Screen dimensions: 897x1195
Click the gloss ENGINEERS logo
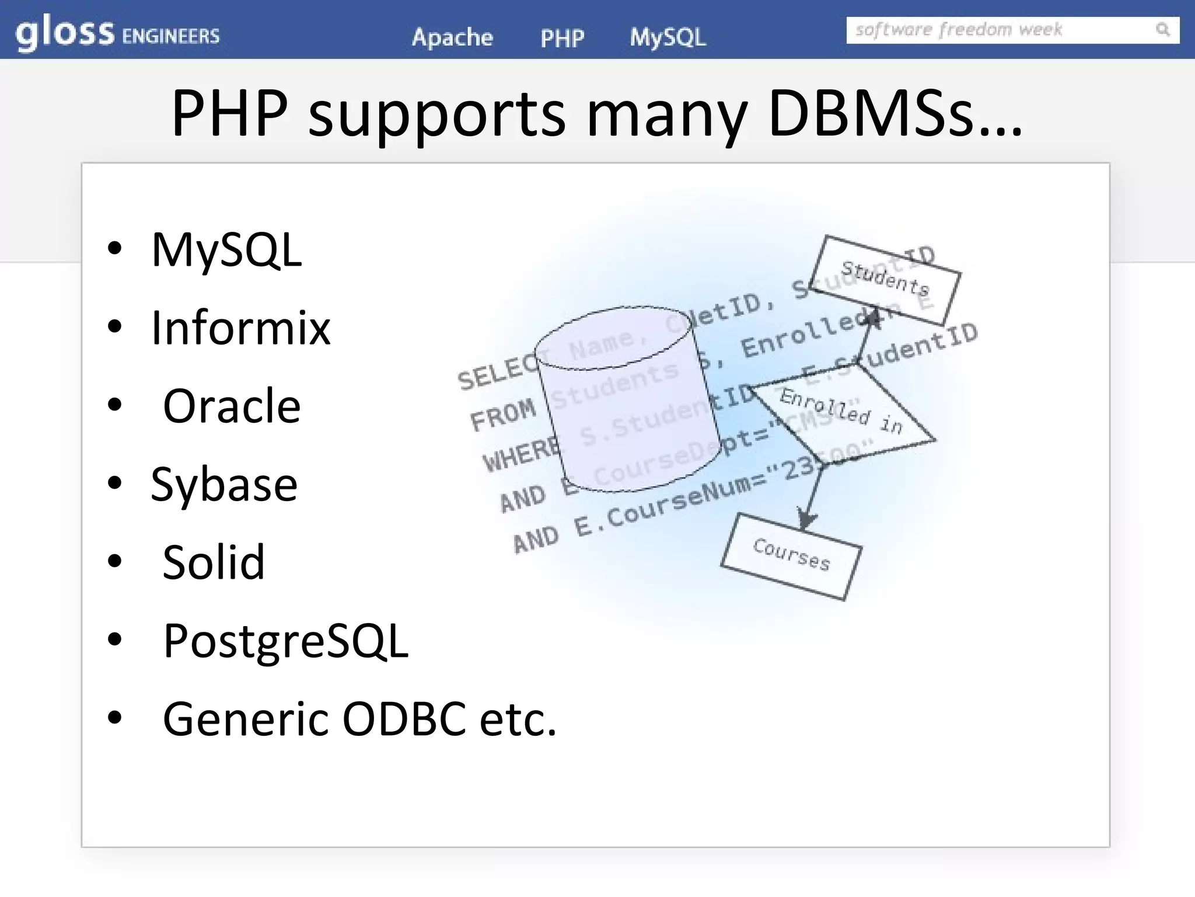tap(117, 34)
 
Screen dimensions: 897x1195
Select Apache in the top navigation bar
tap(452, 37)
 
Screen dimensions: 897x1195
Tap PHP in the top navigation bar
tap(562, 39)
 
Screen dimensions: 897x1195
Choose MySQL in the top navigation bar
tap(668, 37)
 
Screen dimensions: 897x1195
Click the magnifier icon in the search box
tap(1162, 29)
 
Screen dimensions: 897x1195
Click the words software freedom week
tap(958, 30)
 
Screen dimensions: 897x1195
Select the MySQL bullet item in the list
tap(226, 250)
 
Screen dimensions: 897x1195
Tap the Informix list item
tap(240, 328)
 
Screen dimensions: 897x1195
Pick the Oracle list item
tap(232, 406)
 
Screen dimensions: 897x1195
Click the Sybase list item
tap(224, 484)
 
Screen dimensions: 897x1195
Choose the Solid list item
tap(214, 562)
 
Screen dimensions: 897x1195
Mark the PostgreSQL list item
tap(285, 641)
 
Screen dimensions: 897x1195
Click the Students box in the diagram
tap(885, 279)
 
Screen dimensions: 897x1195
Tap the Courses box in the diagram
tap(791, 555)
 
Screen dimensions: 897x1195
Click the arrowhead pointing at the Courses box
tap(806, 519)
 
